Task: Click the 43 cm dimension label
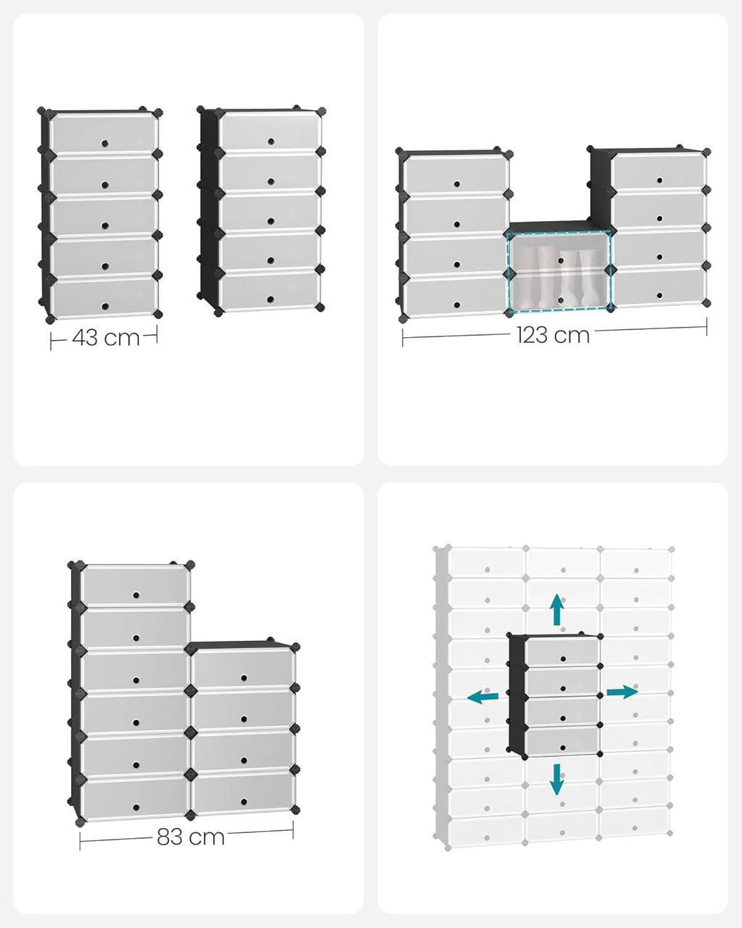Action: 106,338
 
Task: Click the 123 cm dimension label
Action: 553,335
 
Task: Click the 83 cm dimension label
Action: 191,837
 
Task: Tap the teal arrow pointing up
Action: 556,610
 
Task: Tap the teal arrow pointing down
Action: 556,779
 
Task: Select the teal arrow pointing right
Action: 621,692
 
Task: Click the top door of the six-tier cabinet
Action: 135,585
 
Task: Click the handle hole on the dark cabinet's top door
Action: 562,658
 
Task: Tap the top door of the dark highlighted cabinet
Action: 562,652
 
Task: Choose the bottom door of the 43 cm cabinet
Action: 104,297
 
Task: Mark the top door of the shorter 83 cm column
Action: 243,668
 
